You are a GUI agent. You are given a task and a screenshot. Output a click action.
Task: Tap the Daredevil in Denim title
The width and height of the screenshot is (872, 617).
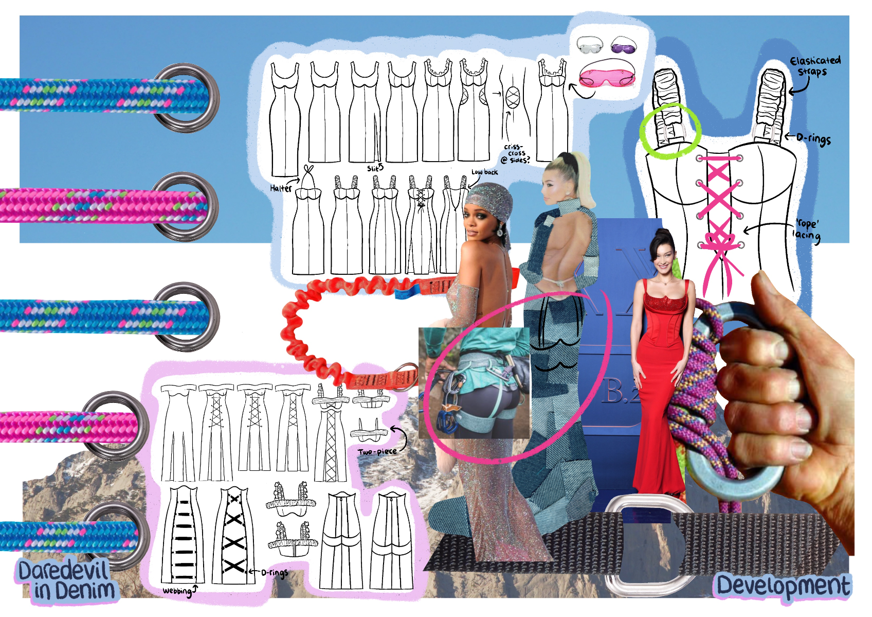click(64, 581)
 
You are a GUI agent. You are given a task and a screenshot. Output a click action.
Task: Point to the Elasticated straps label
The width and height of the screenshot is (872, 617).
click(814, 66)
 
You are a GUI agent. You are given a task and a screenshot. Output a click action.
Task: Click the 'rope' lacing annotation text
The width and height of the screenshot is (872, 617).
click(806, 230)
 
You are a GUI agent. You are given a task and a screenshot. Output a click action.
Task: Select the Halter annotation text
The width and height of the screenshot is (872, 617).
click(281, 188)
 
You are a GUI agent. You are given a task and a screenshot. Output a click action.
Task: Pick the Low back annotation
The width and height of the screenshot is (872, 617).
click(484, 172)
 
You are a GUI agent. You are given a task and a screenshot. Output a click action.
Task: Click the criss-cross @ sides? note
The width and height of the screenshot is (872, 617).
click(516, 153)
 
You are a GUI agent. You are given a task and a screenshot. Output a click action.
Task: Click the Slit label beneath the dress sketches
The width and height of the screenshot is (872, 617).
click(375, 168)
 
